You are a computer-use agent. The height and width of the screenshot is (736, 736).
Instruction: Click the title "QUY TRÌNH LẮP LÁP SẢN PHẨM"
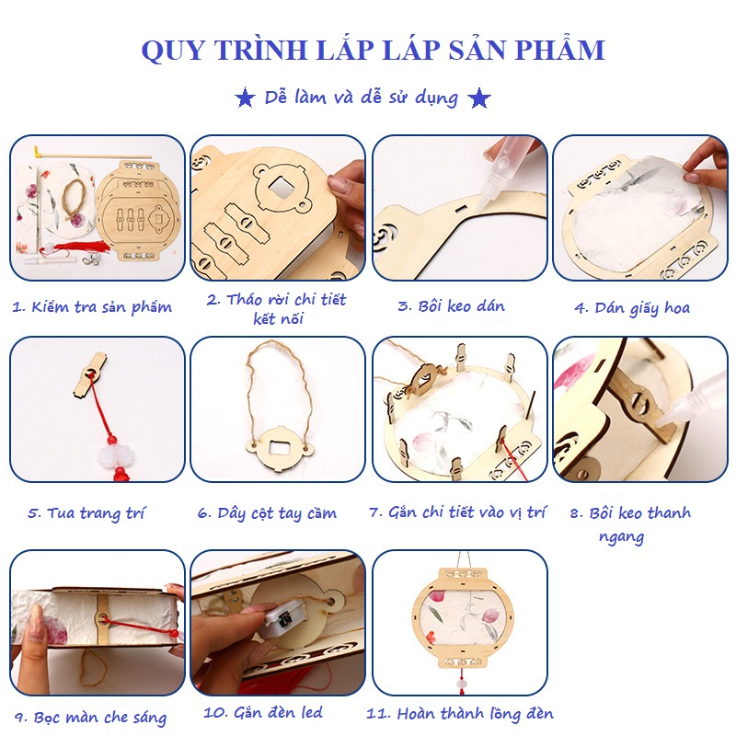point(373,49)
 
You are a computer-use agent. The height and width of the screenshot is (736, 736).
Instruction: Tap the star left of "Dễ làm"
point(245,98)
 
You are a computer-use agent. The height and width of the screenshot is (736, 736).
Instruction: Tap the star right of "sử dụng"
point(479,98)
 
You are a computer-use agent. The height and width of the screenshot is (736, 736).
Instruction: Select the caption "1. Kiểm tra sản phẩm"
point(92,307)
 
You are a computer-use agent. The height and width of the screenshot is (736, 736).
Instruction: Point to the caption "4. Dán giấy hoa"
point(632,307)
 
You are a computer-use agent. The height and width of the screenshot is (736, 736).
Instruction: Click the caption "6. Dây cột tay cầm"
point(267,512)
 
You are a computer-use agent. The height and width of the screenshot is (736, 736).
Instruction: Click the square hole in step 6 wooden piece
point(275,451)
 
